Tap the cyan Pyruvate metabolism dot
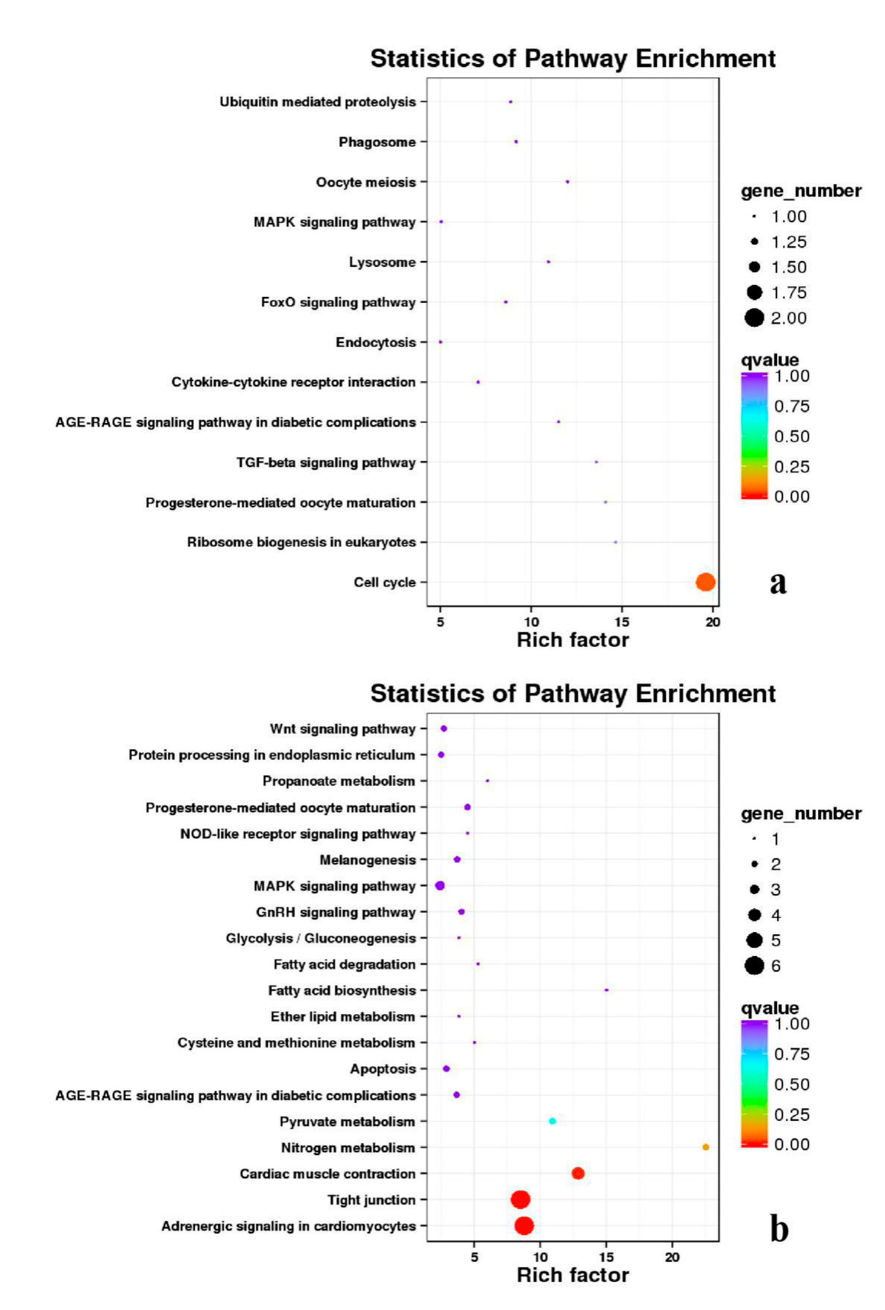point(552,1121)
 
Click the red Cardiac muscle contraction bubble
point(577,1173)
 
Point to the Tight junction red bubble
point(520,1199)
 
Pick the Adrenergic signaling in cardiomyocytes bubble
point(524,1225)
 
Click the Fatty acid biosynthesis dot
point(606,990)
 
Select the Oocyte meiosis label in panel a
point(366,182)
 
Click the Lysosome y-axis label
point(382,262)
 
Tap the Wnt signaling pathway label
point(342,729)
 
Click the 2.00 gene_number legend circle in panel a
point(754,318)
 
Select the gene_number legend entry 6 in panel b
point(754,966)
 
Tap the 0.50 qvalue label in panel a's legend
point(791,436)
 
